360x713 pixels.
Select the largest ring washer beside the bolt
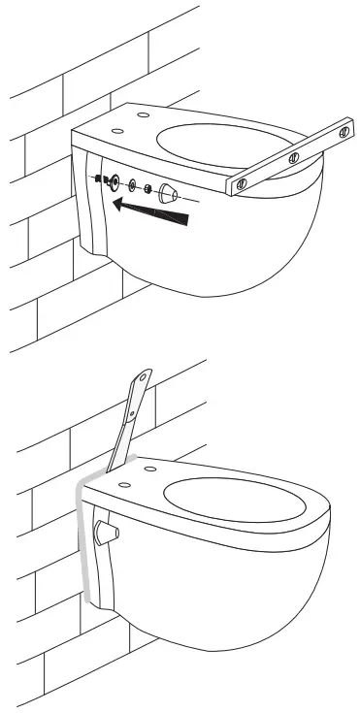coord(115,181)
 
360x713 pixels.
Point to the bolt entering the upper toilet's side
coord(100,178)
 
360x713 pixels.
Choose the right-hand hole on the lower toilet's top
coord(153,471)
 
